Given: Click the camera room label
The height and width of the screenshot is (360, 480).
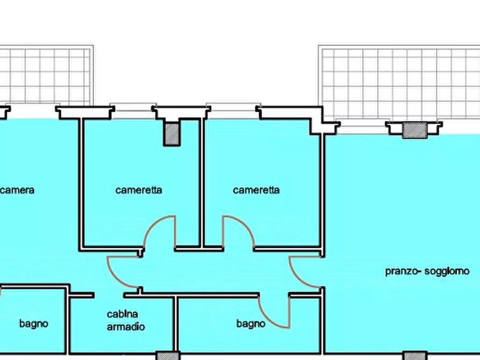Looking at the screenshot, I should tap(17, 190).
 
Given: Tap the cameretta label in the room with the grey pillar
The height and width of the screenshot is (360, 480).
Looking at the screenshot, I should tap(139, 190).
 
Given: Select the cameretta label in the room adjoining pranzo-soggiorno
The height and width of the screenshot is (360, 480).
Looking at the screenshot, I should tap(256, 190).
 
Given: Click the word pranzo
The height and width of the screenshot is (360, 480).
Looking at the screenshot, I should tap(402, 271).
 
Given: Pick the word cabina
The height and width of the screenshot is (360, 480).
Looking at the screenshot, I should tap(123, 314).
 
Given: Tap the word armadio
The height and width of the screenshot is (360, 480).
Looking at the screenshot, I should tap(126, 327).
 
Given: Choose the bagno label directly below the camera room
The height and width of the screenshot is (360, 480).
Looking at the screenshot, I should tap(34, 323).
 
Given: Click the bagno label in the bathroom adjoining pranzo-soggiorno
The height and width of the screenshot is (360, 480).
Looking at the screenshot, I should tap(251, 323).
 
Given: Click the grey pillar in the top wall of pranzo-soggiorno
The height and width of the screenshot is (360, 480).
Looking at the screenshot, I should tap(414, 130).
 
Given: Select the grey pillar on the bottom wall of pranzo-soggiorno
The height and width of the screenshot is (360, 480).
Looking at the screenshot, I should tap(414, 356).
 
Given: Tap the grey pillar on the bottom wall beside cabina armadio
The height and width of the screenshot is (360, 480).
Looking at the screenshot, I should tap(168, 356).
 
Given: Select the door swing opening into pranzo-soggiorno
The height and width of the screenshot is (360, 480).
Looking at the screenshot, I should tap(304, 272).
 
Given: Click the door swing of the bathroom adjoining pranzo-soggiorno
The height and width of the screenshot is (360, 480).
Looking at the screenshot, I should tap(274, 312).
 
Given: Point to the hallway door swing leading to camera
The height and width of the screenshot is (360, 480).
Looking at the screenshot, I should tap(123, 271).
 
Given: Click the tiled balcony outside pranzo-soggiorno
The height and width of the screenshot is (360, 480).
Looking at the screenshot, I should tap(400, 83).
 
